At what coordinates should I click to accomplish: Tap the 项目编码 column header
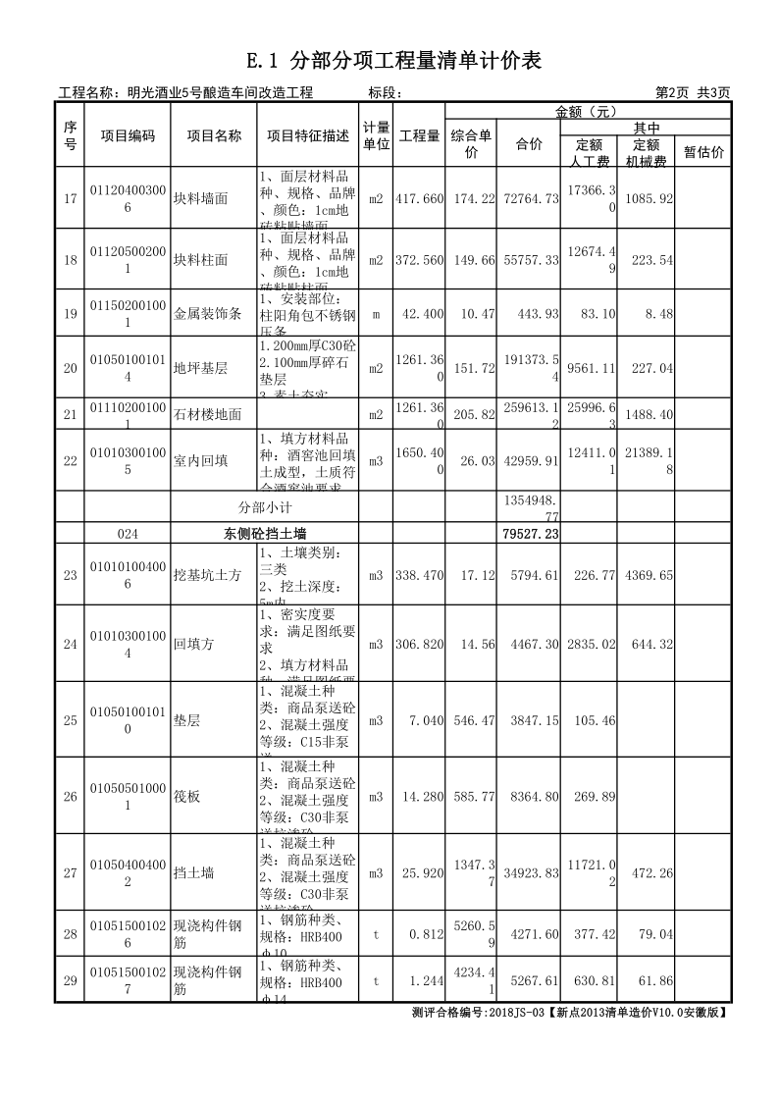click(x=128, y=136)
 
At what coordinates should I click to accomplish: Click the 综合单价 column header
click(x=471, y=143)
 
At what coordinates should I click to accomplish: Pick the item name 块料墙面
click(x=200, y=198)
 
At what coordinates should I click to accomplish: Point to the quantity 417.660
click(x=420, y=198)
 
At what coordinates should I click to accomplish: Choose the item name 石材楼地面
click(x=207, y=414)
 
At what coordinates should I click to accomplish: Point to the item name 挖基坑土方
click(x=207, y=575)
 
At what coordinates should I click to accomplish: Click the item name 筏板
click(x=186, y=797)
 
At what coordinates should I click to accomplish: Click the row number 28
click(x=70, y=935)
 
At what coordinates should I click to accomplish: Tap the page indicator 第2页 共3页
click(x=693, y=93)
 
